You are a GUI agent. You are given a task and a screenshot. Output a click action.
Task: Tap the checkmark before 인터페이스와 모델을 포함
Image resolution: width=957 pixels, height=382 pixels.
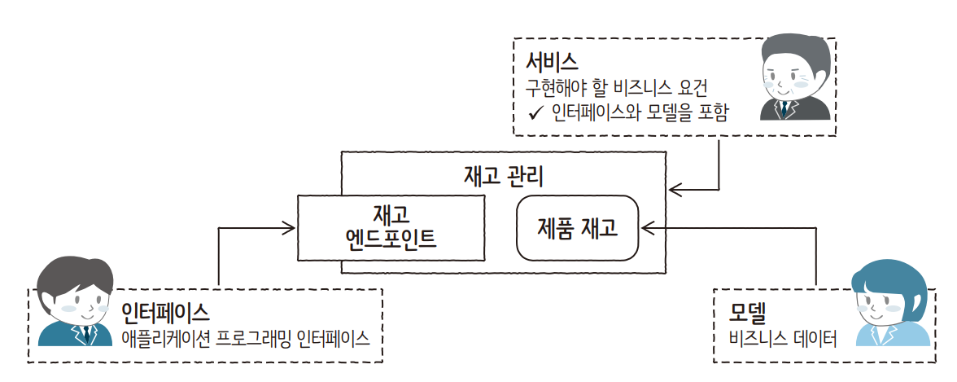535,113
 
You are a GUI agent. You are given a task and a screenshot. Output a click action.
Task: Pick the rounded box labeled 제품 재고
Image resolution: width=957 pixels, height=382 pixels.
578,228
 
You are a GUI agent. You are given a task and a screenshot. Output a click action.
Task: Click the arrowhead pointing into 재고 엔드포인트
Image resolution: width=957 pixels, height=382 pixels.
290,227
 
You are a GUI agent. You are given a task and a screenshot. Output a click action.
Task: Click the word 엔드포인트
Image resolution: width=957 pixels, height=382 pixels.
391,239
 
